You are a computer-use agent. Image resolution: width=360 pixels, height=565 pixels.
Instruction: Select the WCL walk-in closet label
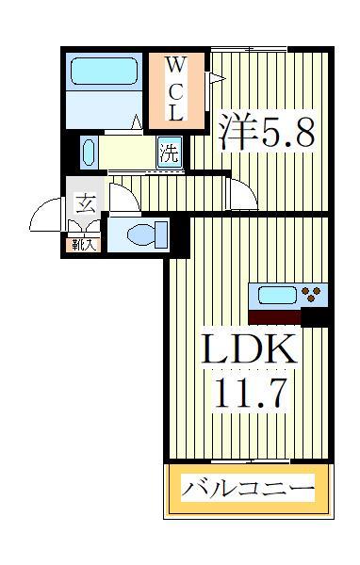click(x=175, y=89)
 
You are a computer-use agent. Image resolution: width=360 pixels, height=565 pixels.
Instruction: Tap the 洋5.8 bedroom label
click(x=266, y=133)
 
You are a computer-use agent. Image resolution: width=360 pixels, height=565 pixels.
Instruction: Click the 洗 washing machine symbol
click(x=169, y=153)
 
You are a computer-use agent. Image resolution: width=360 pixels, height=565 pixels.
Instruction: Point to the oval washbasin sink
click(x=89, y=152)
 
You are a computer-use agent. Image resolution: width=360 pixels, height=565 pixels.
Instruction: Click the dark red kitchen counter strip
click(x=274, y=316)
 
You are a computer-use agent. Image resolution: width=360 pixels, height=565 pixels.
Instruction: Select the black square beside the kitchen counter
click(x=314, y=316)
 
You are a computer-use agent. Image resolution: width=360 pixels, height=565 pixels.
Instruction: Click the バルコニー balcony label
click(x=248, y=490)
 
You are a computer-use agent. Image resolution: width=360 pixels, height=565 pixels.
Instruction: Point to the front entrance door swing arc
click(x=45, y=216)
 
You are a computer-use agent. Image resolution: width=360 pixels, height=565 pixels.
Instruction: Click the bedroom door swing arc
click(x=243, y=193)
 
